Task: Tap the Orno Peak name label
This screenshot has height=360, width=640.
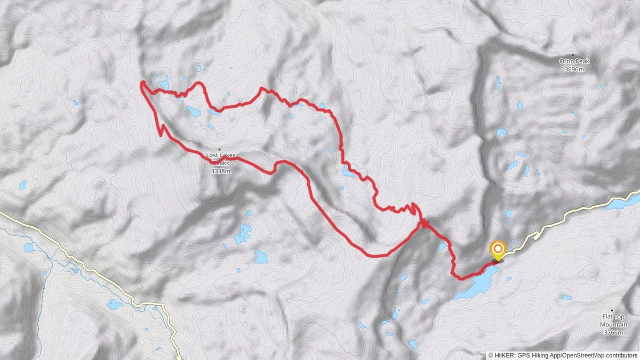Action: point(573,61)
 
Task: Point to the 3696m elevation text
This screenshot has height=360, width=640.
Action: point(573,69)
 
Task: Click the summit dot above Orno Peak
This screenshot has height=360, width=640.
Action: point(573,55)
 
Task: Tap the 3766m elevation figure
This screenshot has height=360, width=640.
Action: point(613,333)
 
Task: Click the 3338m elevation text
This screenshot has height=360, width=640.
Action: point(220,171)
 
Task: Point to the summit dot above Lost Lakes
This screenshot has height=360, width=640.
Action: point(219,149)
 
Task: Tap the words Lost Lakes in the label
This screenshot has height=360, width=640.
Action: point(220,155)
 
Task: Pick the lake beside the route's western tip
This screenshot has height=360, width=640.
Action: point(163,84)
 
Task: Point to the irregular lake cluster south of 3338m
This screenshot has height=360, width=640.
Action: point(243,233)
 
